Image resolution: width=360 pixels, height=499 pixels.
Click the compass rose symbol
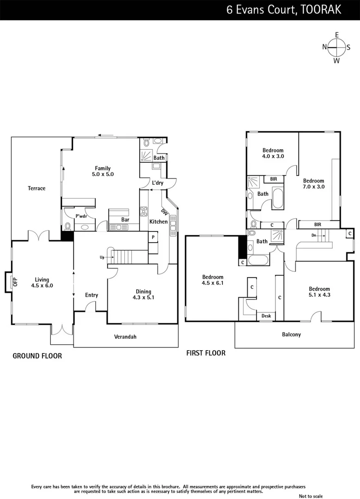[x=336, y=47]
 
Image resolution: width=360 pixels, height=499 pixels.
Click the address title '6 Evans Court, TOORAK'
[x=284, y=10]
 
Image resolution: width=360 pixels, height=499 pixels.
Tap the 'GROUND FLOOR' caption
[x=37, y=356]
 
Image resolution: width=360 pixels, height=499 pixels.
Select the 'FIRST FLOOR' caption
[x=206, y=353]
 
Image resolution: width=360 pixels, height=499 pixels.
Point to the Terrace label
[x=37, y=188]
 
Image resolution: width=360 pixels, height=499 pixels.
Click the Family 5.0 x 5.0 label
[x=103, y=171]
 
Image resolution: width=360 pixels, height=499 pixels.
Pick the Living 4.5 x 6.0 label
[x=42, y=282]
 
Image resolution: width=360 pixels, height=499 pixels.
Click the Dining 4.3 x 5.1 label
[x=143, y=294]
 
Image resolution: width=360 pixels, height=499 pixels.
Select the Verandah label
[x=125, y=337]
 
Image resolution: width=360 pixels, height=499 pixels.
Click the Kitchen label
[x=158, y=222]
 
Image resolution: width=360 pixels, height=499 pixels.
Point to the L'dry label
[x=158, y=183]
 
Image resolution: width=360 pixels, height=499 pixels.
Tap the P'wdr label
[x=81, y=215]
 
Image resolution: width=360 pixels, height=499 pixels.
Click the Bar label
[x=125, y=219]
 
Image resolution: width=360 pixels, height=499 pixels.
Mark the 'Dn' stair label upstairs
[x=314, y=235]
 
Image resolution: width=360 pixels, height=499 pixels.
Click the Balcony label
[x=291, y=335]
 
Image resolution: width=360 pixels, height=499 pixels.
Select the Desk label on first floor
[x=266, y=316]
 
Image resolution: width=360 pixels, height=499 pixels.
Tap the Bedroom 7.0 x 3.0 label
[x=313, y=184]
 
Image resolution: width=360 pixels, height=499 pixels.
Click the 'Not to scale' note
[x=311, y=496]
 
